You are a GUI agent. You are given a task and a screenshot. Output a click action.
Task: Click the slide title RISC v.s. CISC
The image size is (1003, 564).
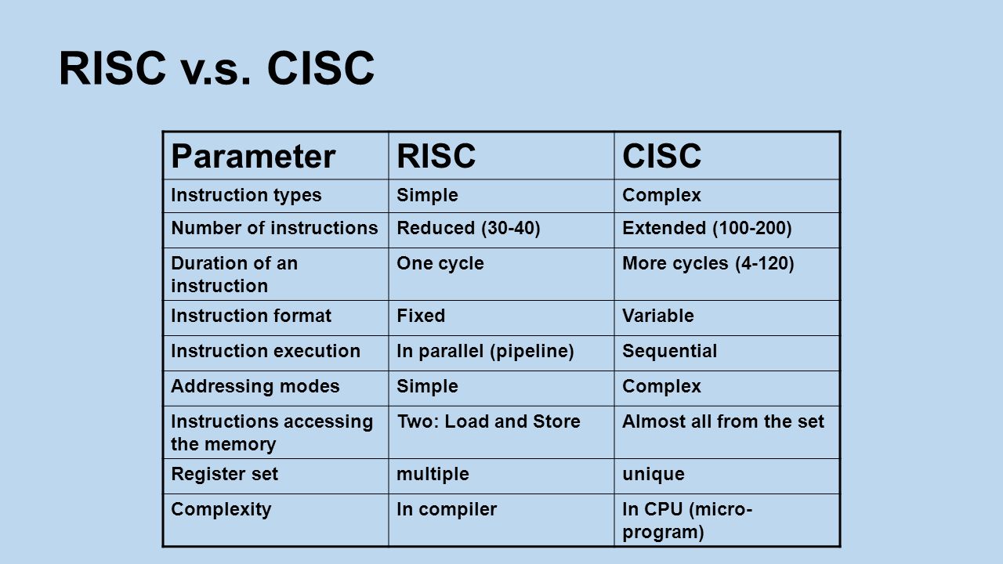[x=217, y=68]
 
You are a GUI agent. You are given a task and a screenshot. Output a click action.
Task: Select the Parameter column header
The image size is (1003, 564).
[x=253, y=156]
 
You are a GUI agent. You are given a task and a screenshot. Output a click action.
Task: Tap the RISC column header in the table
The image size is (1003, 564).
[x=436, y=156]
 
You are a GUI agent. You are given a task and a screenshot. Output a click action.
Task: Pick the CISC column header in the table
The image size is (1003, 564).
[x=662, y=156]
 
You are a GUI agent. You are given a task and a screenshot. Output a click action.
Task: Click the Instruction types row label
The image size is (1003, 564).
[x=246, y=196]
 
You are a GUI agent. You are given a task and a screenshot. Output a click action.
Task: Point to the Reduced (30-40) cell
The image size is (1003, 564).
[x=469, y=228]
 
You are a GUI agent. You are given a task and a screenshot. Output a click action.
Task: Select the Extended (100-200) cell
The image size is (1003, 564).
[x=707, y=228]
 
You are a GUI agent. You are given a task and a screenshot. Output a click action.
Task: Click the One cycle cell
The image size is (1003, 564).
[x=440, y=264]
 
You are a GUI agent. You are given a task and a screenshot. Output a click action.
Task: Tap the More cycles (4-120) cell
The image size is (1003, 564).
[x=708, y=264]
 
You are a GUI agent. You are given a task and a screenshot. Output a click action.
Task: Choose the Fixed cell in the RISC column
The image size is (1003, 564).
[x=421, y=316]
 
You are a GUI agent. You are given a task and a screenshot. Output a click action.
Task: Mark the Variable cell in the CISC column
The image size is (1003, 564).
[x=657, y=316]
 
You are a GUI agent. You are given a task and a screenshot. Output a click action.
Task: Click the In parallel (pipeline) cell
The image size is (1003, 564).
[x=485, y=352]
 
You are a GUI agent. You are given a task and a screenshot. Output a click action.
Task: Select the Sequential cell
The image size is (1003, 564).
[x=669, y=352]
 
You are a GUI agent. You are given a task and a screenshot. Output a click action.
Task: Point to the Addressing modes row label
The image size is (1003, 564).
[x=255, y=387]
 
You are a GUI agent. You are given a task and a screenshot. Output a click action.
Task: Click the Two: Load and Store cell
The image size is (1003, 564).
[x=488, y=421]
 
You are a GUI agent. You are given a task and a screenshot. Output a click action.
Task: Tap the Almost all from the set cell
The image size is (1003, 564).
[x=723, y=421]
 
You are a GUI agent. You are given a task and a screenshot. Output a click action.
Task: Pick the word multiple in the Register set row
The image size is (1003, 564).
[x=433, y=475]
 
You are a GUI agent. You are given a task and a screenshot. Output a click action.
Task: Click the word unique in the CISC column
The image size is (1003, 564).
[x=654, y=475]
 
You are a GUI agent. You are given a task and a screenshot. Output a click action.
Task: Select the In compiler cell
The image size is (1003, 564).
[x=447, y=510]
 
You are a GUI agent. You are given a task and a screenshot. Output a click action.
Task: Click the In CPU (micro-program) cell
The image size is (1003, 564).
[x=687, y=521]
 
